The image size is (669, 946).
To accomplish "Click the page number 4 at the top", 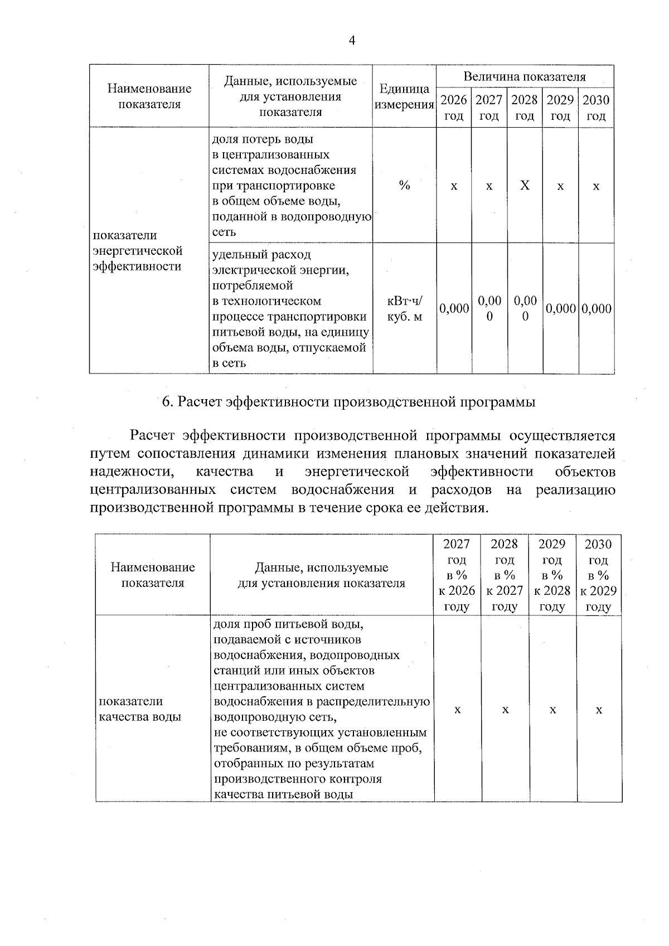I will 351,40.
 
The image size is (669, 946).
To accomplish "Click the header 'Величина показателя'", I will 525,77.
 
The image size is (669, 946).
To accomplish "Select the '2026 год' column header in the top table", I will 454,108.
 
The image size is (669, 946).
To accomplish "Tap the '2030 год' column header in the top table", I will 596,108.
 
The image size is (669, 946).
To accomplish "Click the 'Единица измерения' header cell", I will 404,97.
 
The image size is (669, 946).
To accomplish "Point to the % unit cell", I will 405,186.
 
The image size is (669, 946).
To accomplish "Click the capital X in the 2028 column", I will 525,186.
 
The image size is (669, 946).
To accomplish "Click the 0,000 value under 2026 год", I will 454,309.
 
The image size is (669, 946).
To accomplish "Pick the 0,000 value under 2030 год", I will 597,309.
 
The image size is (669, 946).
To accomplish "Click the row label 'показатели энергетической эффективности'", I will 137,251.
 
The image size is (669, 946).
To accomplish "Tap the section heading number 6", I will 166,402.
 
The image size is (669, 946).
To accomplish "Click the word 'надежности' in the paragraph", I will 132,472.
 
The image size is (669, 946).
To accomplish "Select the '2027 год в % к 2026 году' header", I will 457,575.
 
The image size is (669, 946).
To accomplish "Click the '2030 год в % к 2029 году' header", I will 599,575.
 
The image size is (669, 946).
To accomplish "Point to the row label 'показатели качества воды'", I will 140,709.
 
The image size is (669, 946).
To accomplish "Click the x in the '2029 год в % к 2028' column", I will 552,710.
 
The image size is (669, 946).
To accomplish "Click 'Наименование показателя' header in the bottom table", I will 153,575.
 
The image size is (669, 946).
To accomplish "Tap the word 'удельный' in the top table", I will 237,255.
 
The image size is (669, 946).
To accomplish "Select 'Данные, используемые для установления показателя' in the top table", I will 290,96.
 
